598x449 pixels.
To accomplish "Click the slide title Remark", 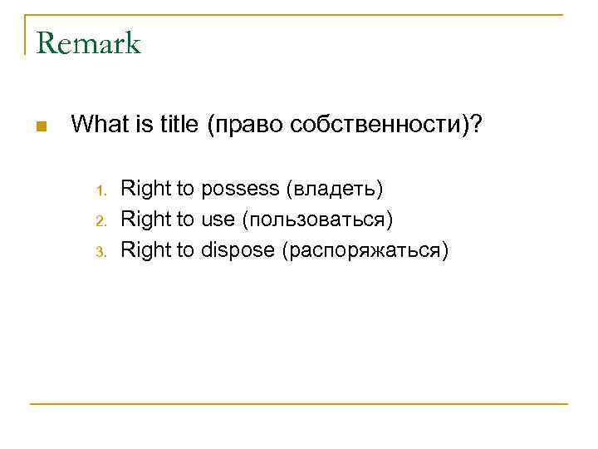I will coord(89,42).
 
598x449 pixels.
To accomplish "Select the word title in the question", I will coord(174,125).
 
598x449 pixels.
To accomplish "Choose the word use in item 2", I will coord(218,220).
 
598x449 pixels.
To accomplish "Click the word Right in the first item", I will coord(145,189).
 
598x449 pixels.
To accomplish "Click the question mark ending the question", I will coord(477,125).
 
